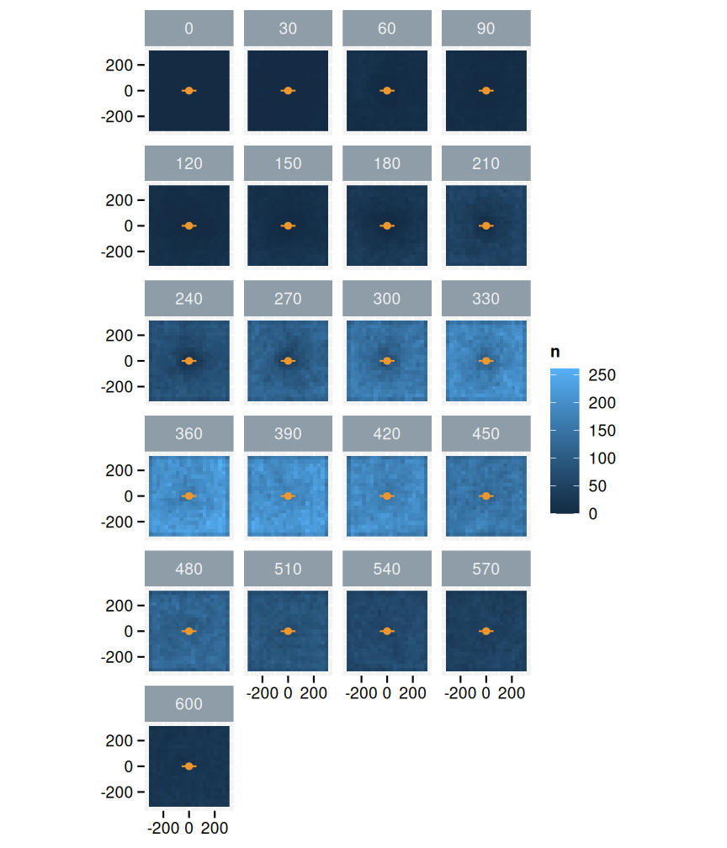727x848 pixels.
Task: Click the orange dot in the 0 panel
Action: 188,91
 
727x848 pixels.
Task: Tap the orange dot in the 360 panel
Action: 188,496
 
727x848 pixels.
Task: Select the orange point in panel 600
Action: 188,766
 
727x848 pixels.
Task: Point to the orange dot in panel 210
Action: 486,225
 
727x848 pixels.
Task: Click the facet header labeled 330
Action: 486,299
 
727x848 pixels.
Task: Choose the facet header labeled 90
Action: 486,29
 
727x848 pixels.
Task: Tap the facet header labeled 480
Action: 188,569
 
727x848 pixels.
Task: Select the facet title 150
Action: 288,163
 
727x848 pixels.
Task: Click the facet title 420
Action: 387,434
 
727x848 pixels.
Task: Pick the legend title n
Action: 555,352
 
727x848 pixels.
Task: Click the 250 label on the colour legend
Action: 603,375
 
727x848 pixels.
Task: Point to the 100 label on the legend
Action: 603,458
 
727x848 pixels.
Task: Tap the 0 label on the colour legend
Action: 594,513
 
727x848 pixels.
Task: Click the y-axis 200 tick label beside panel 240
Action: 119,335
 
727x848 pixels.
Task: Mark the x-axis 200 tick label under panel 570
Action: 512,693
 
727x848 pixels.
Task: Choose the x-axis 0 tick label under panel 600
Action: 188,829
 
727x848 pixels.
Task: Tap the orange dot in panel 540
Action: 387,631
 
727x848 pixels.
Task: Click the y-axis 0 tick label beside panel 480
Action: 130,631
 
